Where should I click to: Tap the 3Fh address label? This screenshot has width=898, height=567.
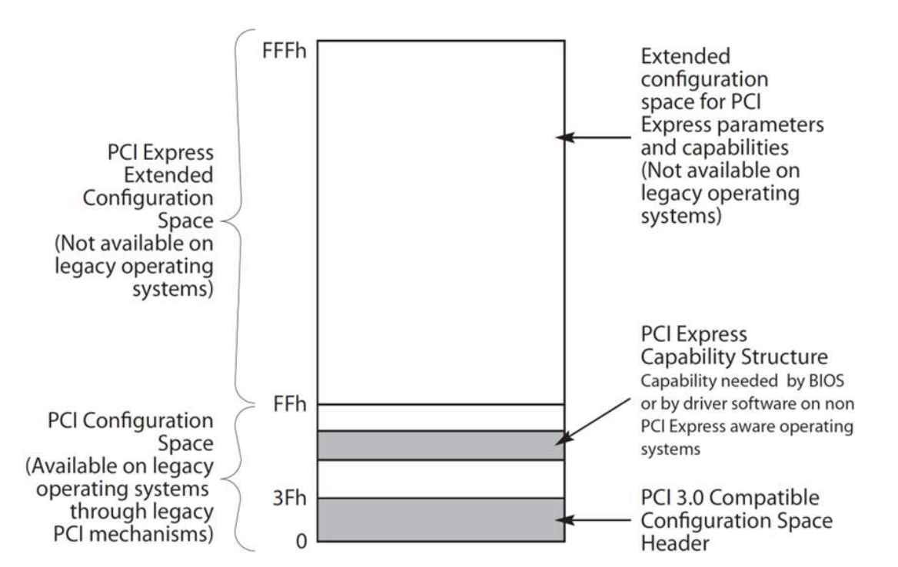(x=289, y=498)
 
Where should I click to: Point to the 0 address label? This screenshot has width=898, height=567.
(x=301, y=542)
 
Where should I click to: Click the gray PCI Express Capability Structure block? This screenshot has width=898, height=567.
(x=441, y=445)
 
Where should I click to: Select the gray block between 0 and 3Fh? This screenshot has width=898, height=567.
(x=441, y=520)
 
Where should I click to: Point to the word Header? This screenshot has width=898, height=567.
(x=669, y=542)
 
